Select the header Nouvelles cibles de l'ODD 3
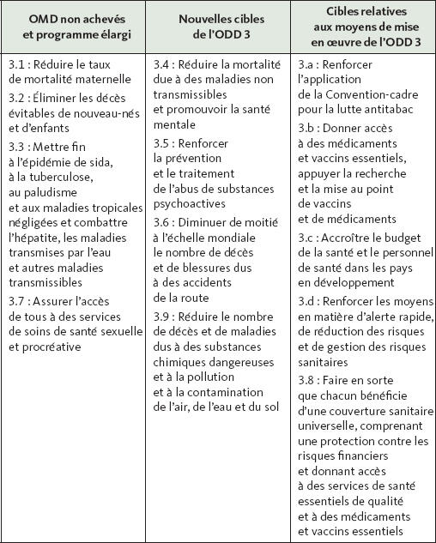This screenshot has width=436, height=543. pyautogui.click(x=216, y=27)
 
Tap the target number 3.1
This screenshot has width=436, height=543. pyautogui.click(x=17, y=65)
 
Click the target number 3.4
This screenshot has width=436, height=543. pyautogui.click(x=162, y=65)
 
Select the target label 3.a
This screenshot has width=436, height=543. pyautogui.click(x=307, y=65)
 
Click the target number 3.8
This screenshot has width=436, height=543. pyautogui.click(x=307, y=378)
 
